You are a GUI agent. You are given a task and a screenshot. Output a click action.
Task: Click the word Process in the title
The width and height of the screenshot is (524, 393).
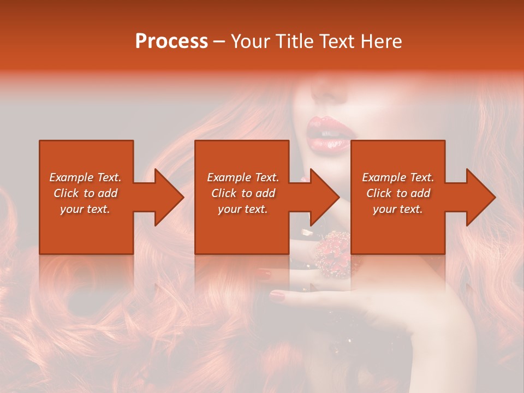171,41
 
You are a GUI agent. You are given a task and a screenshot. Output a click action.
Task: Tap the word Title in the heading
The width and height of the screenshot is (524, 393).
290,41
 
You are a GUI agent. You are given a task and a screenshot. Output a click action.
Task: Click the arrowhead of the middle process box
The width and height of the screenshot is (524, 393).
324,197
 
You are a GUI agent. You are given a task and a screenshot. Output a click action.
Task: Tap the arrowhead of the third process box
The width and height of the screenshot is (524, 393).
480,197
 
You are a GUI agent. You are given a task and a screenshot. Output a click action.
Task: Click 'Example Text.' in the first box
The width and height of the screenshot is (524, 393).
85,177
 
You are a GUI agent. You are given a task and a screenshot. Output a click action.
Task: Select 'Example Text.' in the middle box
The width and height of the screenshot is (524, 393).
243,177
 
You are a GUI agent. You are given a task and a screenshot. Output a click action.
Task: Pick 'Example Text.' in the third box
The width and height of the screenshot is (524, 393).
398,177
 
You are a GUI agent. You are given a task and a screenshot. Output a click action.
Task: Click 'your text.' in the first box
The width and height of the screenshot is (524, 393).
85,209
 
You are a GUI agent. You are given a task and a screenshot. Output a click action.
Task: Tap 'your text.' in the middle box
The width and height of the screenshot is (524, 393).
243,209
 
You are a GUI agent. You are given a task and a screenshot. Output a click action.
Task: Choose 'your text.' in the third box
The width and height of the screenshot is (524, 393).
398,209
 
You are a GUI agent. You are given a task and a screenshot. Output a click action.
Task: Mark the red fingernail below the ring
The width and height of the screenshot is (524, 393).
278,296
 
